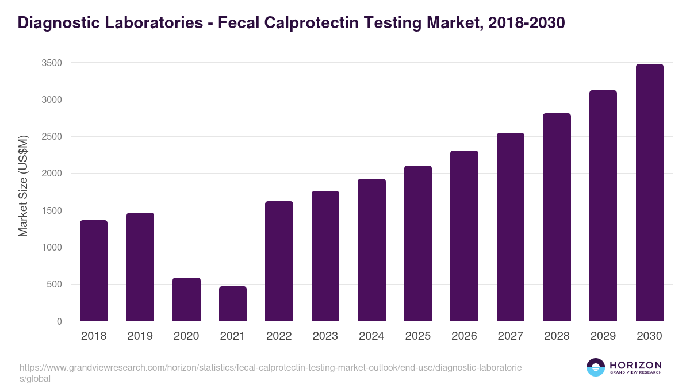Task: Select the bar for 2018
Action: pyautogui.click(x=94, y=270)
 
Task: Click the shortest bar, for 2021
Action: pyautogui.click(x=233, y=304)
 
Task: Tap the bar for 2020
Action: pyautogui.click(x=186, y=299)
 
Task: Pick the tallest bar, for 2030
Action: pyautogui.click(x=650, y=193)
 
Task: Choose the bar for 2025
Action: pyautogui.click(x=418, y=243)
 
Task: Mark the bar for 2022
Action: pyautogui.click(x=279, y=261)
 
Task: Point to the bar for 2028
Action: pyautogui.click(x=557, y=217)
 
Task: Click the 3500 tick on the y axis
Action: pyautogui.click(x=52, y=63)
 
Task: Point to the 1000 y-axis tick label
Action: pyautogui.click(x=52, y=247)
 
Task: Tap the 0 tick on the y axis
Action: pyautogui.click(x=59, y=321)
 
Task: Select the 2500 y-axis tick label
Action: pyautogui.click(x=52, y=137)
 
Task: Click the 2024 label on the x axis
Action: pyautogui.click(x=371, y=336)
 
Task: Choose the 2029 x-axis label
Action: pyautogui.click(x=603, y=336)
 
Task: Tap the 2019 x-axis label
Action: pyautogui.click(x=140, y=336)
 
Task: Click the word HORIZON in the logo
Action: pyautogui.click(x=635, y=365)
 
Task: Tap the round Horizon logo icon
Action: pyautogui.click(x=596, y=367)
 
